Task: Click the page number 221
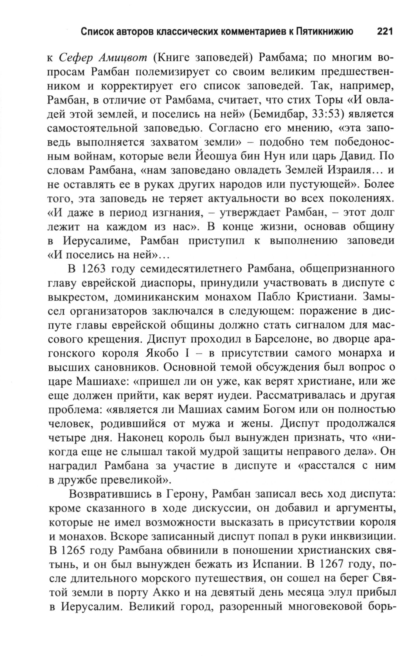[x=384, y=32]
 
